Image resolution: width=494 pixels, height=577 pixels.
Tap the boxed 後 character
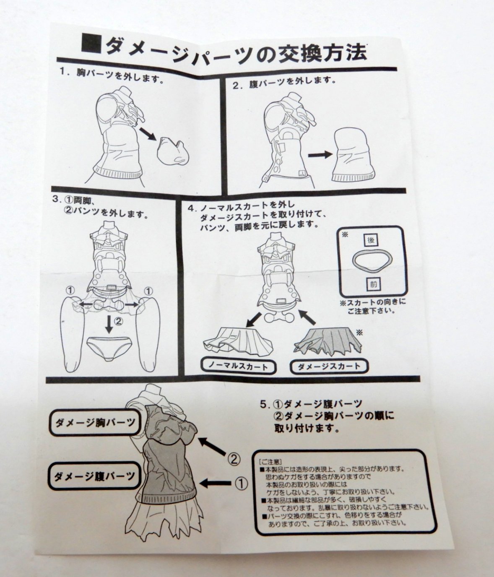[371, 241]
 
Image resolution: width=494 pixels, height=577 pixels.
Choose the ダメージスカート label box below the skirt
[330, 366]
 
